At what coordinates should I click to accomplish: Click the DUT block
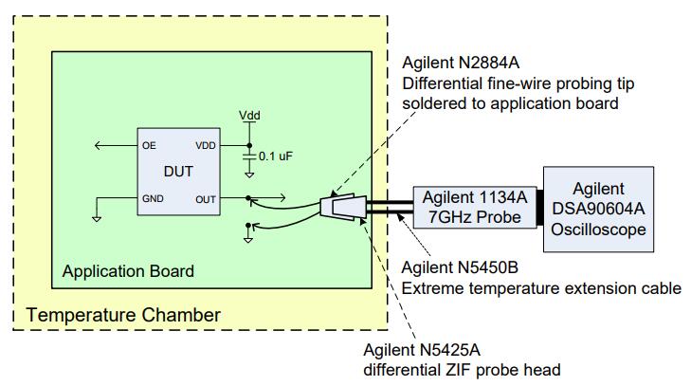pyautogui.click(x=180, y=173)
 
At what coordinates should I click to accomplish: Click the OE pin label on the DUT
pyautogui.click(x=149, y=146)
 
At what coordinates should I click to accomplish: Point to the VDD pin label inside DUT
pyautogui.click(x=206, y=146)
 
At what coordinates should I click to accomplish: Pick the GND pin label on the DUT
pyautogui.click(x=153, y=199)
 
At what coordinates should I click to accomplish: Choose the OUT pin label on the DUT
pyautogui.click(x=206, y=199)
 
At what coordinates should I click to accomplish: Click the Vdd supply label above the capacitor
pyautogui.click(x=249, y=115)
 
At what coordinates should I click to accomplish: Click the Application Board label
pyautogui.click(x=128, y=271)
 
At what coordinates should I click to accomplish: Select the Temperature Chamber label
pyautogui.click(x=123, y=314)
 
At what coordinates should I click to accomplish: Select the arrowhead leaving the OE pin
pyautogui.click(x=99, y=146)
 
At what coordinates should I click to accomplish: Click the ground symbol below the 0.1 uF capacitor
pyautogui.click(x=249, y=174)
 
